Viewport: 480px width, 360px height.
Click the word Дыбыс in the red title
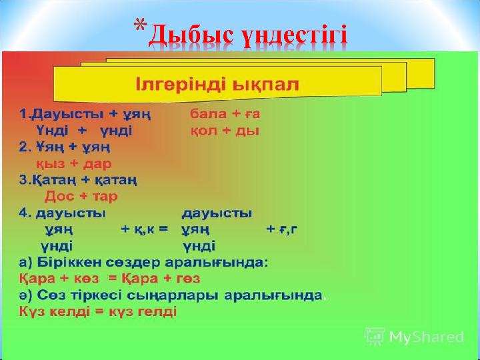click(x=191, y=36)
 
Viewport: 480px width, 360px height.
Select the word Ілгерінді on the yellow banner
click(x=181, y=85)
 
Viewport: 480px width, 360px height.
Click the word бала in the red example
click(x=209, y=114)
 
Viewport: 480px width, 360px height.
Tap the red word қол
click(x=204, y=131)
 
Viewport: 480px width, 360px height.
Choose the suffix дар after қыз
click(x=97, y=163)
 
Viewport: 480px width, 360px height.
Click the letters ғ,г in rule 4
click(x=289, y=229)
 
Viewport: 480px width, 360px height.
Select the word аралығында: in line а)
click(x=217, y=263)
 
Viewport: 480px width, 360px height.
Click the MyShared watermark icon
click(x=375, y=336)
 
